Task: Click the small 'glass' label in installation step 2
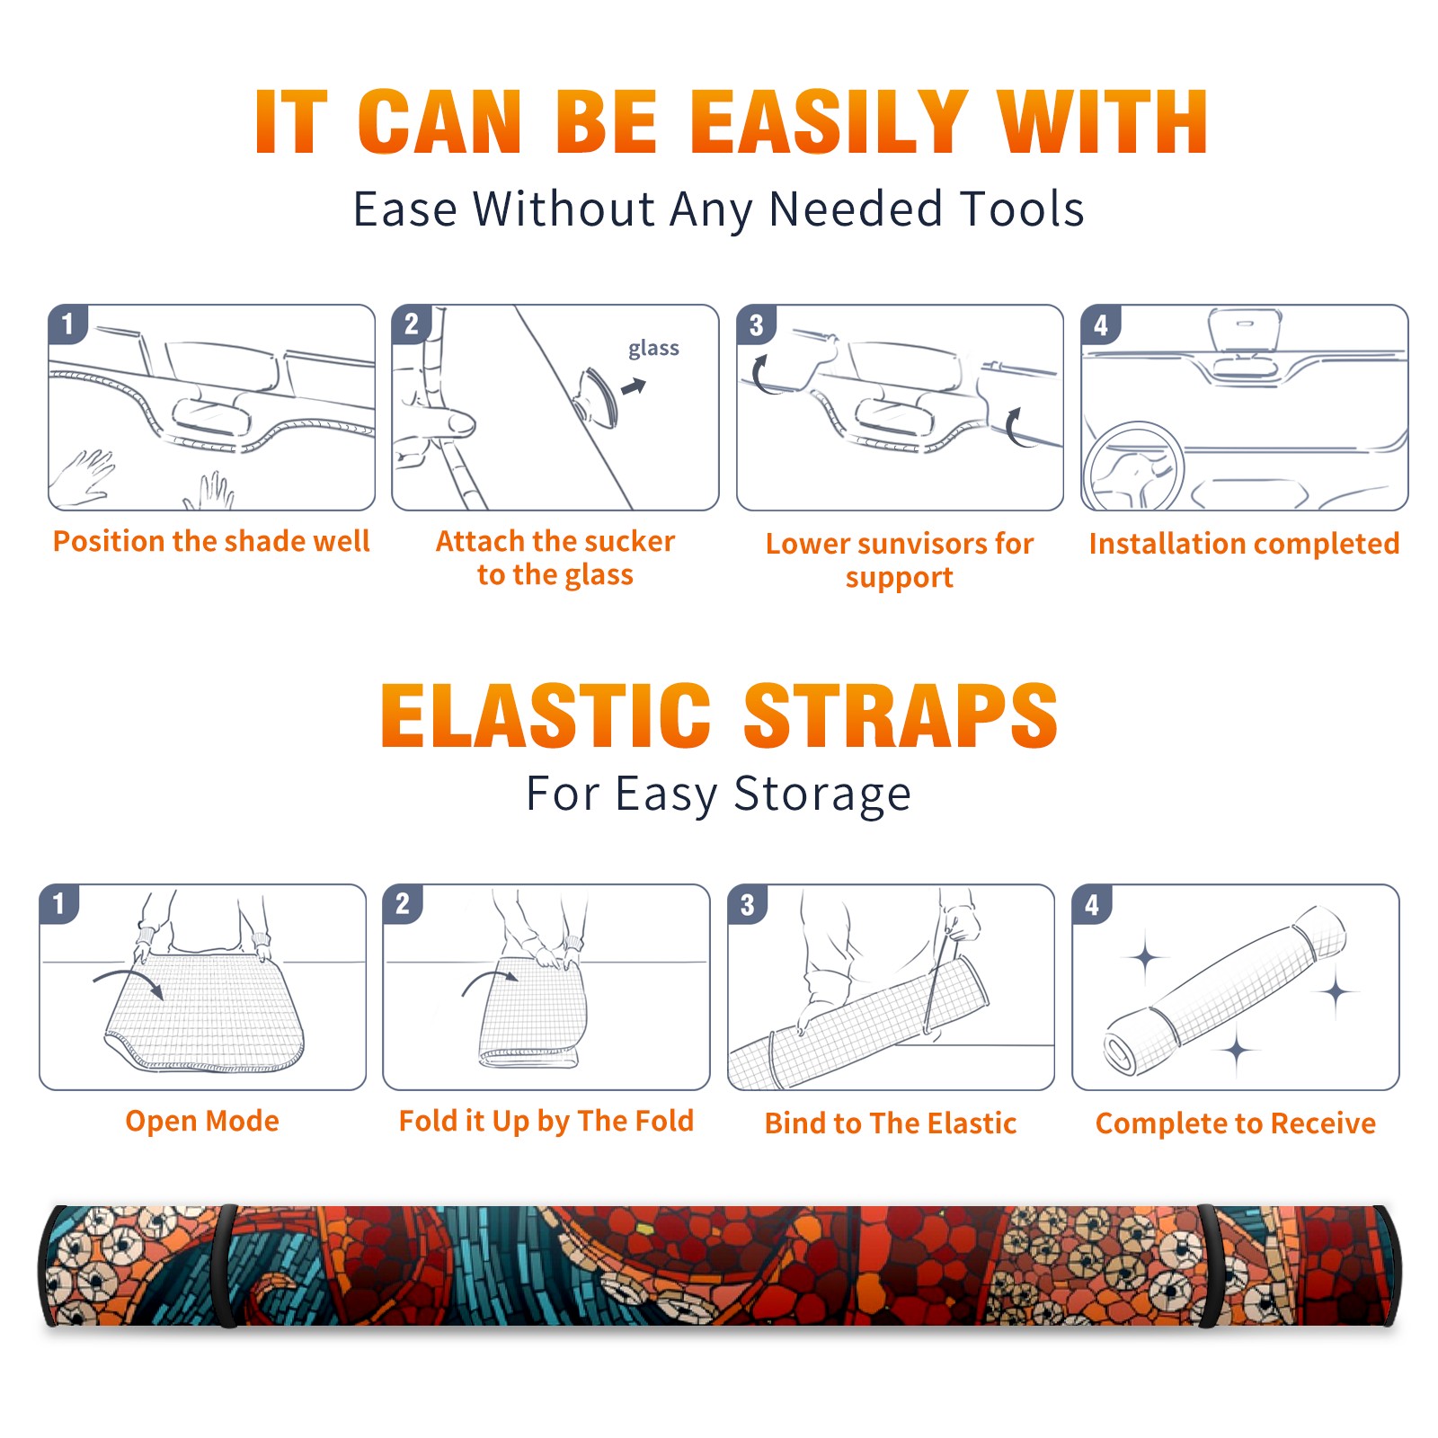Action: click(653, 348)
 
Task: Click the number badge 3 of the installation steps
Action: click(756, 324)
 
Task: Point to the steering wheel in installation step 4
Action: click(1132, 467)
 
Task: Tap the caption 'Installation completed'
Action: click(1244, 543)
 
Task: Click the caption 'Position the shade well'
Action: click(211, 541)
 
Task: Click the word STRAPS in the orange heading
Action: click(901, 715)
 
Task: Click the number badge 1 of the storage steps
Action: click(58, 903)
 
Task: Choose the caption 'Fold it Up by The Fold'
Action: click(546, 1122)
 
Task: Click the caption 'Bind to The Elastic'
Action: click(891, 1123)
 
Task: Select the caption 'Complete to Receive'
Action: click(1236, 1123)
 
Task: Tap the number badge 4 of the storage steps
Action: click(1092, 904)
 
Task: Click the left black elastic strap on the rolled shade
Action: click(226, 1266)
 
